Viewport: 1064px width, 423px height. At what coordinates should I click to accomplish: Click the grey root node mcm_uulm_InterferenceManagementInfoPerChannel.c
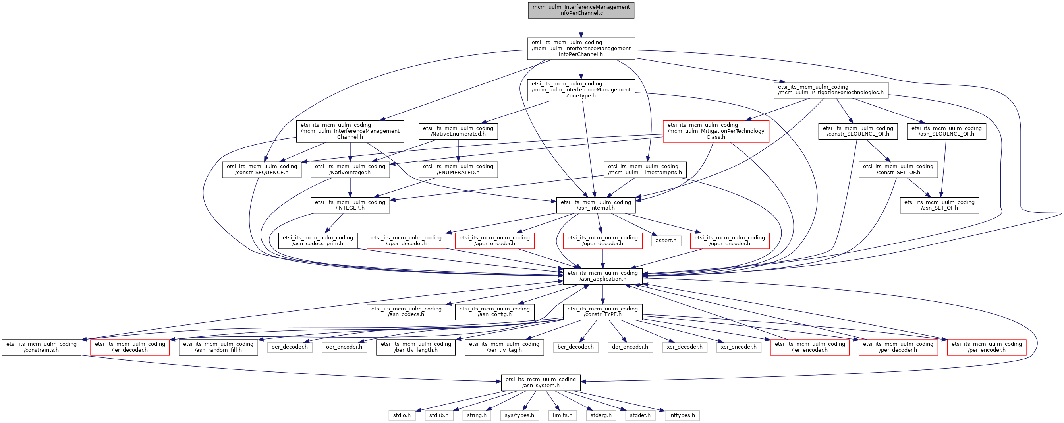(581, 10)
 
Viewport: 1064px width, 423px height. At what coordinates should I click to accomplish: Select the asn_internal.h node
(596, 205)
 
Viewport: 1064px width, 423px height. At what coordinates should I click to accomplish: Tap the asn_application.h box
(602, 276)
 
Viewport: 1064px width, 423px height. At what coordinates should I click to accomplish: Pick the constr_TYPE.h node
(602, 311)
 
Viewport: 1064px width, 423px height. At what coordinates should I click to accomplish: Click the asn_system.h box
(540, 382)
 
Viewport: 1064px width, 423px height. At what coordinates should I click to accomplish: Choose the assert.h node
(666, 240)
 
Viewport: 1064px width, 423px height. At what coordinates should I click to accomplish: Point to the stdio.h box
(402, 415)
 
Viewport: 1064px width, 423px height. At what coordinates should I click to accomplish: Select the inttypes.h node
(682, 415)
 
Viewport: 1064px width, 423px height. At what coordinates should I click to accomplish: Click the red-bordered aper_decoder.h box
(406, 241)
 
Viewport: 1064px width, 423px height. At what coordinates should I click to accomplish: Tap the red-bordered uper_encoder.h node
(730, 241)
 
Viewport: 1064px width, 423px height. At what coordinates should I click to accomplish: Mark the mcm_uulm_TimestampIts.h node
(645, 169)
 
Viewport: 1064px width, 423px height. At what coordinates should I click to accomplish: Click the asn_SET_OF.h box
(939, 205)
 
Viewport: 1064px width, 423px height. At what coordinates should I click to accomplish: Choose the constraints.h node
(41, 347)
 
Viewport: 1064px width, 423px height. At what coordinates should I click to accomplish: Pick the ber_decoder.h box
(575, 347)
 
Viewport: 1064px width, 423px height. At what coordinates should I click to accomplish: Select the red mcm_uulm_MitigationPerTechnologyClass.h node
(716, 131)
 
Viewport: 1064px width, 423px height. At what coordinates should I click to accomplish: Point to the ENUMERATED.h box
(458, 169)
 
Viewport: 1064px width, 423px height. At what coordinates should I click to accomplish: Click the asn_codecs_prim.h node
(318, 241)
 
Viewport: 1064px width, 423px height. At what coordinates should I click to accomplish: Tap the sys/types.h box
(519, 415)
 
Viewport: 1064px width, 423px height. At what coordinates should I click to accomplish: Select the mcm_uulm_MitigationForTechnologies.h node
(830, 90)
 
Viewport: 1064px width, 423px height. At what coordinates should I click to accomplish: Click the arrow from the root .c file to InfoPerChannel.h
(581, 28)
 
